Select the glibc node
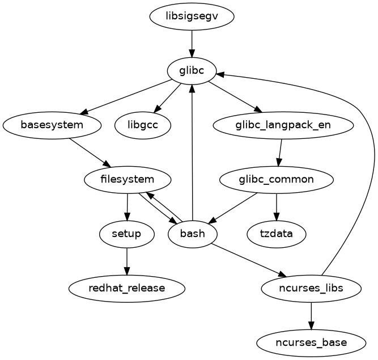click(192, 71)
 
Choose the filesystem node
click(128, 180)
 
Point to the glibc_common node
click(276, 180)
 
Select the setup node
click(126, 234)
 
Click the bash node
click(193, 234)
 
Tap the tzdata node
click(277, 234)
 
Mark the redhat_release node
click(127, 288)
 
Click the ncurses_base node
click(311, 342)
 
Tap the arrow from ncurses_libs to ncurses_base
click(311, 315)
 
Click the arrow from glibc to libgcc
click(168, 98)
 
